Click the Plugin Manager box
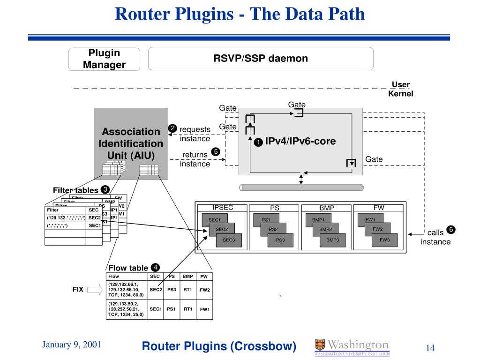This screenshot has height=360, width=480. pos(104,59)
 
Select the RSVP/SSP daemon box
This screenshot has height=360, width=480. pos(261,59)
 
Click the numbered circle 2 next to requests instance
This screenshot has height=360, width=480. pos(172,128)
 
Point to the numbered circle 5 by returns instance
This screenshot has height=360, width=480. pos(215,151)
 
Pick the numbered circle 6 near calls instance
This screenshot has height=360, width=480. pos(451,230)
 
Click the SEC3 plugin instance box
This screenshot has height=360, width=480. pos(228,240)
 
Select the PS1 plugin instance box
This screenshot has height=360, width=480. pos(266,219)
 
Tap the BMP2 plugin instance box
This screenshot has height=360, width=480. pos(325,229)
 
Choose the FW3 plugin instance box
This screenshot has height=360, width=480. pos(384,240)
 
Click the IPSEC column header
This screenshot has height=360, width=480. pos(223,208)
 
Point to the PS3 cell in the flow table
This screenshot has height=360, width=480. pos(172,290)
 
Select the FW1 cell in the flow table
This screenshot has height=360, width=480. pos(204,309)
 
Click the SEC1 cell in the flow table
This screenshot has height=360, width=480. pos(156,309)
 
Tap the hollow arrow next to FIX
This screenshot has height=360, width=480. pos(94,290)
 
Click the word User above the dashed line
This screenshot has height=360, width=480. pos(401,85)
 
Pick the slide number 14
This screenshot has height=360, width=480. pos(430,348)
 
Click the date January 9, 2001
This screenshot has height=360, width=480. pos(72,345)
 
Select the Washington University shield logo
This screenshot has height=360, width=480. pos(320,345)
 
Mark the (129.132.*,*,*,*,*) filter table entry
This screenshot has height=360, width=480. pos(66,217)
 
